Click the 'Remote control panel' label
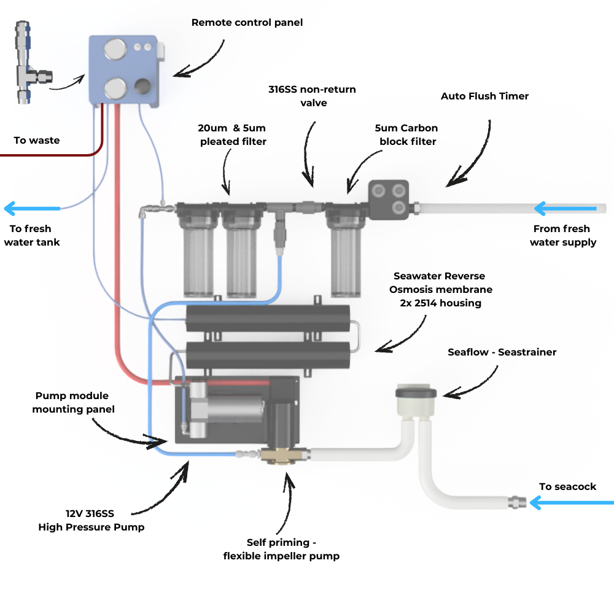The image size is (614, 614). (x=247, y=23)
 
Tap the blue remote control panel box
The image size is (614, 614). (x=126, y=71)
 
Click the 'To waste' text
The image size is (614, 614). (x=37, y=141)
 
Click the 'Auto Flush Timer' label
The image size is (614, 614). (x=484, y=96)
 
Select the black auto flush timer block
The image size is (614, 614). (x=388, y=200)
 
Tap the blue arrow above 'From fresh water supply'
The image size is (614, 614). (x=565, y=209)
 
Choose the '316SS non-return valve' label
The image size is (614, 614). (x=312, y=96)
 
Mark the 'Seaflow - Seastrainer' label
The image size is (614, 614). (x=502, y=352)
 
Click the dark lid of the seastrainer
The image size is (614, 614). (x=416, y=392)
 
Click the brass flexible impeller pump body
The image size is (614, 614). (x=284, y=456)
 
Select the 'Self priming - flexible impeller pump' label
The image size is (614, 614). (x=284, y=549)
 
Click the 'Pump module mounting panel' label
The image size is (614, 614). (x=74, y=402)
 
